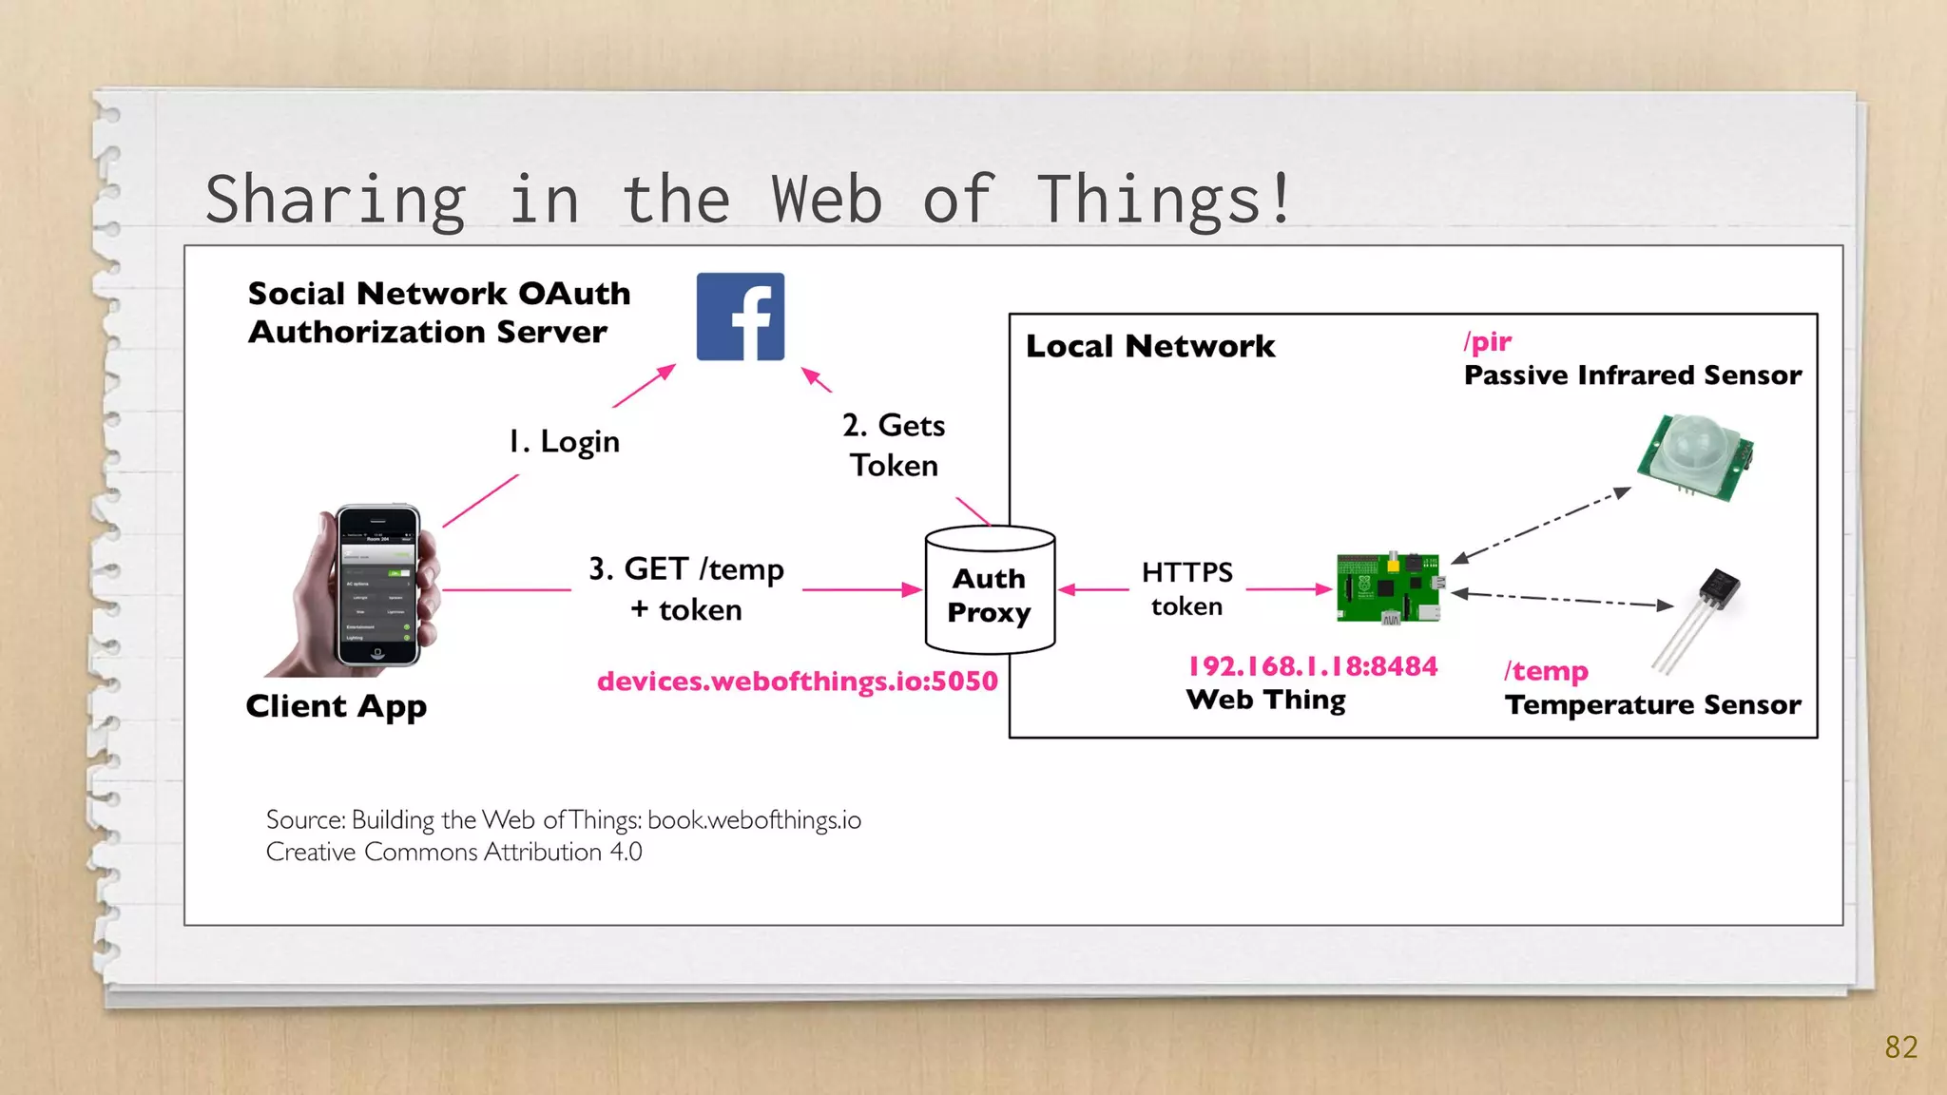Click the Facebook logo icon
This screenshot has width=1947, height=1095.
[x=741, y=317]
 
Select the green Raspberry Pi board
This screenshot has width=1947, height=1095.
[x=1388, y=587]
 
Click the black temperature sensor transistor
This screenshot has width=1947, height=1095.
[x=1718, y=589]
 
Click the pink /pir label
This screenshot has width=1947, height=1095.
[x=1488, y=341]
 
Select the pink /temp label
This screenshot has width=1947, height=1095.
[x=1546, y=671]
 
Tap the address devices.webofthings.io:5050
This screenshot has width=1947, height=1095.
[x=797, y=682]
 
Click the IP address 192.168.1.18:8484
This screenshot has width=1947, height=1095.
[x=1313, y=666]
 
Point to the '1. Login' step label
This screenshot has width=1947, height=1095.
[x=564, y=442]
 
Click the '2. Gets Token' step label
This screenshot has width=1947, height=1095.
[x=894, y=445]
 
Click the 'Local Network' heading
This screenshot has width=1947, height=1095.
[x=1150, y=346]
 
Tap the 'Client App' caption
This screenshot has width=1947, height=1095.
[x=336, y=706]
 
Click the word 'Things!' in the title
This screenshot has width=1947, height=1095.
[x=1165, y=200]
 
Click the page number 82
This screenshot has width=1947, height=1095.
[x=1900, y=1047]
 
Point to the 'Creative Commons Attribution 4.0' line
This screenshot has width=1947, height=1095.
[x=453, y=852]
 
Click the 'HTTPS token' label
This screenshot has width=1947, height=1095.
[x=1186, y=588]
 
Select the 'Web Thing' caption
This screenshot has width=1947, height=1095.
[x=1265, y=701]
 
